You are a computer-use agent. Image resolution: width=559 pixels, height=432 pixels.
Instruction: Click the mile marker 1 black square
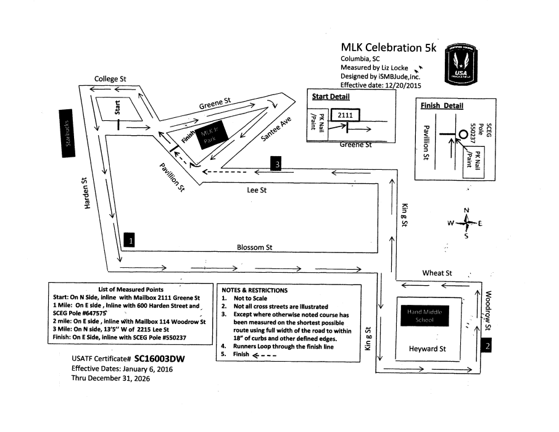tap(128, 239)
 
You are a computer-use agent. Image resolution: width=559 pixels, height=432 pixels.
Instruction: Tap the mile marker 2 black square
tap(487, 346)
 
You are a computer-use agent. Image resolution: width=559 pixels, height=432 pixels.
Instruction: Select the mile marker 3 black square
tap(278, 164)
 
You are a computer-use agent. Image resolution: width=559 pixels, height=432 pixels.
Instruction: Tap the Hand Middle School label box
tap(424, 316)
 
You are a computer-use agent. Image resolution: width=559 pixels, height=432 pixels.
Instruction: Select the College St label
tap(110, 79)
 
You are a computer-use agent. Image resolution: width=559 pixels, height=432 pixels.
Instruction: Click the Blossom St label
tap(255, 247)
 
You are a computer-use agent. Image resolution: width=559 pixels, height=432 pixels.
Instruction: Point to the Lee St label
tap(257, 191)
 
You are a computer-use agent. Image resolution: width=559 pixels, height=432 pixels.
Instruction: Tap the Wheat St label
tap(437, 273)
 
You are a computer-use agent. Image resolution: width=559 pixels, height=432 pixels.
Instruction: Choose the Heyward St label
tap(427, 349)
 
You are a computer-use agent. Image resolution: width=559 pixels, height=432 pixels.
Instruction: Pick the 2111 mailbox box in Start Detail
tap(346, 115)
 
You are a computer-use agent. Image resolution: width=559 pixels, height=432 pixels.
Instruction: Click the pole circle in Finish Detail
tap(462, 133)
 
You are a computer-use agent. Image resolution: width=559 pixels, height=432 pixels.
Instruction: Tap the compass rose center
tap(466, 223)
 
